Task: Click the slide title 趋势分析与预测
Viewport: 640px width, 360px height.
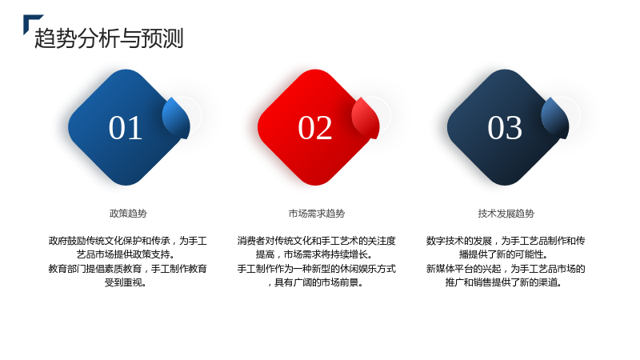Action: coord(109,38)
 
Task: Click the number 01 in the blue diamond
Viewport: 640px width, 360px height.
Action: coord(126,128)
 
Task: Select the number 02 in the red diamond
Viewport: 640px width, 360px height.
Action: coord(314,128)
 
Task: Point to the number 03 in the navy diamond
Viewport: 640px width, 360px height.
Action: coord(505,128)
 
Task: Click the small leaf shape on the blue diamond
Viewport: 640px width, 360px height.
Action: coord(176,118)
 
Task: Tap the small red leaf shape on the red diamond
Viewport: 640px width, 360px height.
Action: coord(366,118)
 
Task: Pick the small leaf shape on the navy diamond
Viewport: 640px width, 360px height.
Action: coord(555,118)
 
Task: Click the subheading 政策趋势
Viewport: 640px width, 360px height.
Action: coord(128,214)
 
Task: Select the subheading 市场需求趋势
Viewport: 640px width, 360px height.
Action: coord(317,214)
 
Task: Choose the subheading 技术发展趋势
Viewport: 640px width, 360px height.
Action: coord(506,214)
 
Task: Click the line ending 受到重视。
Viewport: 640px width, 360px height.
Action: coord(126,282)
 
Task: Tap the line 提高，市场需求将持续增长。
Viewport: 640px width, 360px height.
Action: coord(315,254)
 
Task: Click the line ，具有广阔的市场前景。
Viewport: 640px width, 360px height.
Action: coord(316,282)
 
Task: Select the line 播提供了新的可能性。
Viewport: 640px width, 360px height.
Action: coord(505,254)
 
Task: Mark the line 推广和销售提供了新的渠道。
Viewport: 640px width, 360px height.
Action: coord(505,282)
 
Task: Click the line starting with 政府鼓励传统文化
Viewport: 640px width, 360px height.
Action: coord(128,241)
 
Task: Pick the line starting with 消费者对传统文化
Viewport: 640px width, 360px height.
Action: coord(317,241)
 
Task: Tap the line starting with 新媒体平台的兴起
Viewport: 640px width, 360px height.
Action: coord(506,269)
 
